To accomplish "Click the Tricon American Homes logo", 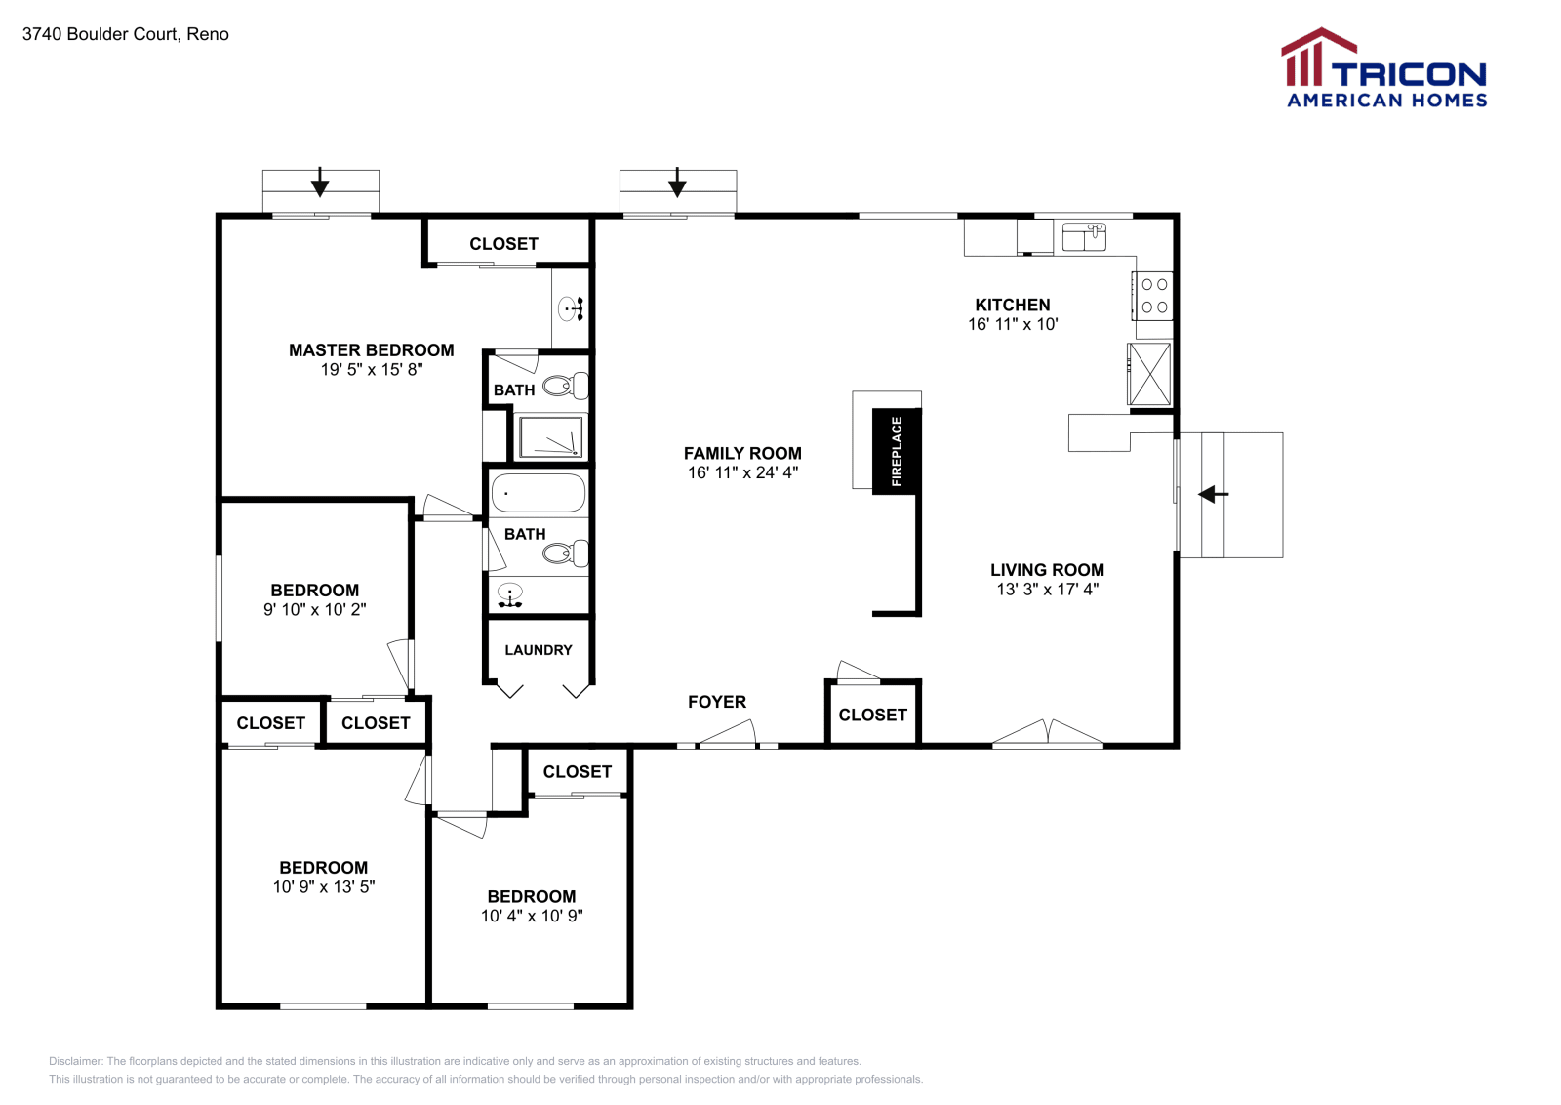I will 1383,68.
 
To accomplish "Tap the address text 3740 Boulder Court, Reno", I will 126,34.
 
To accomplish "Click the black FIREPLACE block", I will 897,451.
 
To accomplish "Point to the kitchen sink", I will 1083,236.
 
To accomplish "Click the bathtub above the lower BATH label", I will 539,493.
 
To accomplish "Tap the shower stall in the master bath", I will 550,436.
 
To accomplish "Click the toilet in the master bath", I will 564,387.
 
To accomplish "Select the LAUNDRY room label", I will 539,650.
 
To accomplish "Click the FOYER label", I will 717,702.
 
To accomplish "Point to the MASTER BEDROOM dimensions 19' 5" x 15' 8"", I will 372,370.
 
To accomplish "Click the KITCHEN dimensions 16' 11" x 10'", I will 1013,324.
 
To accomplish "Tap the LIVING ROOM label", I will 1047,570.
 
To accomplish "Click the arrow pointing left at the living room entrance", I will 1213,495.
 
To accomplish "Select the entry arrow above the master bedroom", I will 320,184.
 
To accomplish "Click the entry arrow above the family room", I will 677,184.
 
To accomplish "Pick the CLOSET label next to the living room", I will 873,715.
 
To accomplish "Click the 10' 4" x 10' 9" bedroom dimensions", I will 532,916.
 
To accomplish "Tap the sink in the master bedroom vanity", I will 570,309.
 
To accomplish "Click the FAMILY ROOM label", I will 742,453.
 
